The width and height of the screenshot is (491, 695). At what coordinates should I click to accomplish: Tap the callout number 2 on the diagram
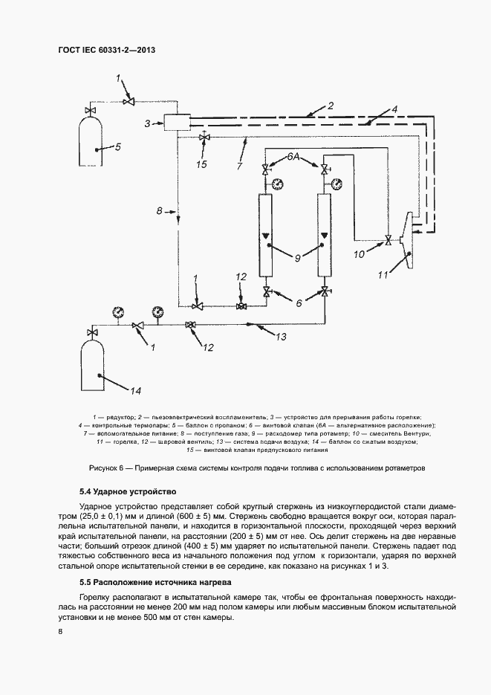(x=331, y=106)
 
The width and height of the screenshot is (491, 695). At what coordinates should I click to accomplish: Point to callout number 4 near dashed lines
(x=395, y=109)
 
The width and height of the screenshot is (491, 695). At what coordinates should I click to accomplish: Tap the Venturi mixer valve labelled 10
(x=388, y=239)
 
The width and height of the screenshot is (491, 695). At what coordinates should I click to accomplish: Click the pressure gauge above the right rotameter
(x=336, y=184)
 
